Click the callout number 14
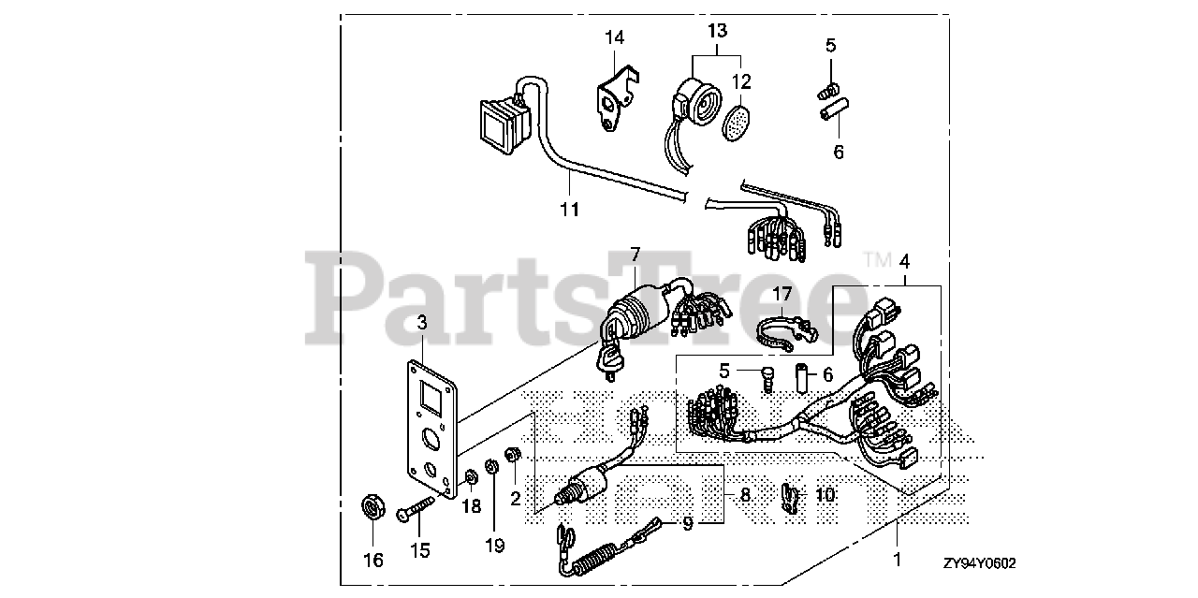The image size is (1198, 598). tap(614, 38)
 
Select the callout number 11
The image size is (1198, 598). tap(569, 210)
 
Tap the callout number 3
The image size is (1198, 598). tap(422, 323)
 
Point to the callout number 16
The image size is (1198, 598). tap(373, 561)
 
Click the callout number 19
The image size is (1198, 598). tap(495, 545)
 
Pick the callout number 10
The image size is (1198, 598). tap(825, 493)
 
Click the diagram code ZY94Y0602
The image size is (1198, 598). tap(979, 563)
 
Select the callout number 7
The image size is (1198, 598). tap(635, 254)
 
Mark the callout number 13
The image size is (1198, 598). tap(716, 31)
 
